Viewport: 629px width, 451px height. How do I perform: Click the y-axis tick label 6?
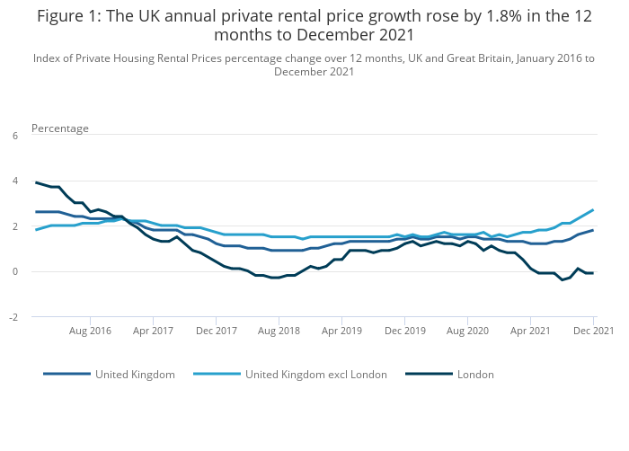coord(14,136)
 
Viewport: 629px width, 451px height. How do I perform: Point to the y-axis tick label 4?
coord(14,181)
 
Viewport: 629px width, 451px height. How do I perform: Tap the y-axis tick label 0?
coord(14,271)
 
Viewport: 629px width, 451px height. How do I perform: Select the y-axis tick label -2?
coord(13,317)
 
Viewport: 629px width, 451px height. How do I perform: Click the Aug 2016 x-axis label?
coord(90,331)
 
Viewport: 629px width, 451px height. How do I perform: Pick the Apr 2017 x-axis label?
coord(153,331)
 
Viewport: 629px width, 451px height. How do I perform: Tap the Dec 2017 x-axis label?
coord(216,331)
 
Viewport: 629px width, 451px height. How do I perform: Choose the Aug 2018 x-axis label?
coord(279,331)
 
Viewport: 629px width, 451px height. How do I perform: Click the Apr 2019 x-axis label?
coord(341,331)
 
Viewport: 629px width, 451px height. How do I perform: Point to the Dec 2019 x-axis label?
coord(404,331)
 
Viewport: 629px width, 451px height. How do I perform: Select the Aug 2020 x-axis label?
coord(467,331)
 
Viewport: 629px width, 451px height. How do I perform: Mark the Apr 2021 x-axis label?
coord(530,331)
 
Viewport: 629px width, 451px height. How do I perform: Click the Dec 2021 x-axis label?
coord(593,331)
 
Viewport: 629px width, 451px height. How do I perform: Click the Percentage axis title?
coord(60,128)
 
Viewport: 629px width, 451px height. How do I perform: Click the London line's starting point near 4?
coord(36,182)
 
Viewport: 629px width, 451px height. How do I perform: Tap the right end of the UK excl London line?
coord(593,210)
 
